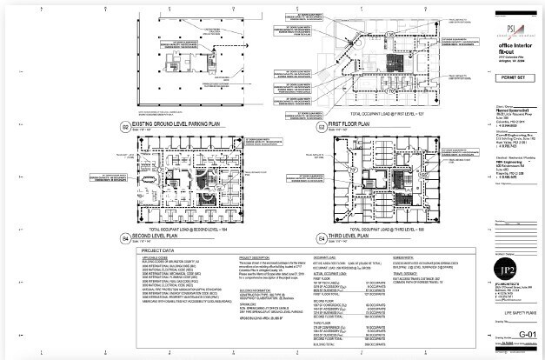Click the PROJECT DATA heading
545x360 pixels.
155,250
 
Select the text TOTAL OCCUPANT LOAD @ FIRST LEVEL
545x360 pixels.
385,114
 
